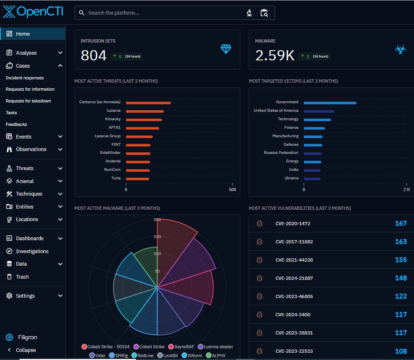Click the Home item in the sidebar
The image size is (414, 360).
click(x=23, y=34)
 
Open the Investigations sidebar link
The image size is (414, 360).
click(x=32, y=251)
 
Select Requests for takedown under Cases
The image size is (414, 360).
click(x=28, y=101)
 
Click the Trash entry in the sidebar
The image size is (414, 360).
click(x=22, y=277)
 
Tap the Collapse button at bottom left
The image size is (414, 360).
click(x=26, y=350)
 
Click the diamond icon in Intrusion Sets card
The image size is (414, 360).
click(x=226, y=49)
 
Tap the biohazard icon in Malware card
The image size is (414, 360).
click(x=400, y=49)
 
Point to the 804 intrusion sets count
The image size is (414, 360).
click(x=94, y=55)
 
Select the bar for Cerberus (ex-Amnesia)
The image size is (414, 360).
click(x=148, y=102)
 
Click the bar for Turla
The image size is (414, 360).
click(x=137, y=179)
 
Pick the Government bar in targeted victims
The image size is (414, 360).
click(x=330, y=102)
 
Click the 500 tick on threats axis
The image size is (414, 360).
click(x=232, y=190)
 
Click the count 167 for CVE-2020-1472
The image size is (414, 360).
click(x=400, y=224)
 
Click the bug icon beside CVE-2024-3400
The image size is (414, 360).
click(x=260, y=315)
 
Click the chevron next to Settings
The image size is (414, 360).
click(x=60, y=296)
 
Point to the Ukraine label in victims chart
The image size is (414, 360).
click(x=291, y=178)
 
